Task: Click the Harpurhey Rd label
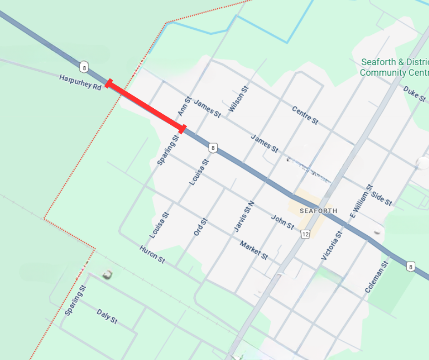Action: pos(80,82)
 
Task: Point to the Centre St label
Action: pos(305,115)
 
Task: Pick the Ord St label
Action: pos(200,227)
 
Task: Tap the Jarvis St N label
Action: pos(243,217)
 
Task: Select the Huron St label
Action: pos(152,254)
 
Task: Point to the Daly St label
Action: pos(107,316)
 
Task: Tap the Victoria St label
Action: pos(332,246)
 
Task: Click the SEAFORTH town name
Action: pos(319,211)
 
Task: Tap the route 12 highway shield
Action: pos(305,234)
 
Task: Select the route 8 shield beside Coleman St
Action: pos(411,266)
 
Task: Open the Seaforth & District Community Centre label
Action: pos(394,67)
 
